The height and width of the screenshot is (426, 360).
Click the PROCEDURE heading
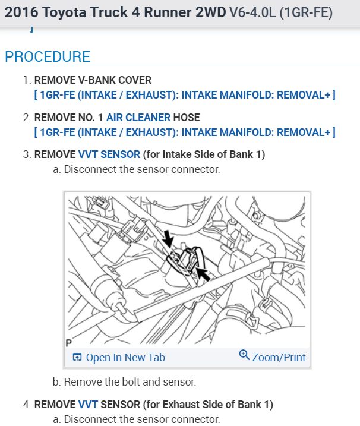pyautogui.click(x=48, y=57)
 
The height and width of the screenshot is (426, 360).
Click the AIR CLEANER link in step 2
pyautogui.click(x=138, y=118)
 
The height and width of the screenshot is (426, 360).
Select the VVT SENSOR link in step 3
pyautogui.click(x=109, y=154)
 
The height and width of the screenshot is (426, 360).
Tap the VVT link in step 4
pyautogui.click(x=88, y=405)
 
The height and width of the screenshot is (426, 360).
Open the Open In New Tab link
pyautogui.click(x=125, y=357)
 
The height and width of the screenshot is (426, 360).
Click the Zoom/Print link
pyautogui.click(x=279, y=357)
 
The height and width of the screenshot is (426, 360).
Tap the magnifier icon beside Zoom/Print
pyautogui.click(x=244, y=355)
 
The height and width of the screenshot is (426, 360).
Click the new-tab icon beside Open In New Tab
pyautogui.click(x=77, y=357)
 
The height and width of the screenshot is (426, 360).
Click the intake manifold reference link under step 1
pyautogui.click(x=185, y=94)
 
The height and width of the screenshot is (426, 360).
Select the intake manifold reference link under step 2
pyautogui.click(x=185, y=132)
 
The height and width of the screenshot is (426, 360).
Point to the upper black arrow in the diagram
pyautogui.click(x=168, y=239)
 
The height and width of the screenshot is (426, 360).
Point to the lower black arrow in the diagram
pyautogui.click(x=203, y=274)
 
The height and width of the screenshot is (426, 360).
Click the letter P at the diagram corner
pyautogui.click(x=68, y=343)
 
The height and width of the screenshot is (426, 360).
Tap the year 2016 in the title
pyautogui.click(x=21, y=12)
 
